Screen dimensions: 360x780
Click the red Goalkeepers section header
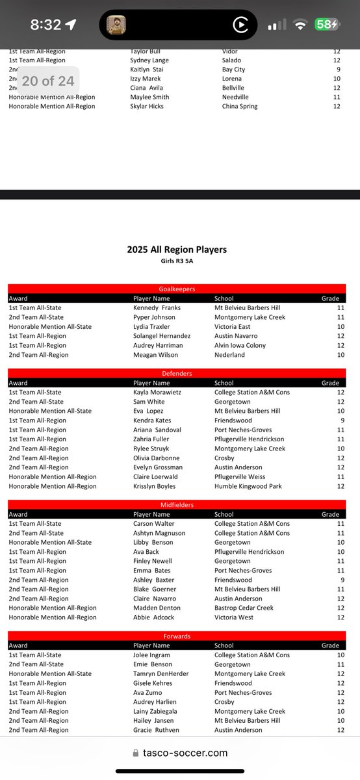coord(177,289)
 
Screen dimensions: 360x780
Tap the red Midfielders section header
coord(177,505)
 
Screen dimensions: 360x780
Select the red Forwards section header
coord(177,636)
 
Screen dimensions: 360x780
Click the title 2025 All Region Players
coord(177,250)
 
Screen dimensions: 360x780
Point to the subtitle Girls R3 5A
coord(177,261)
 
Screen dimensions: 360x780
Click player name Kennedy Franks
coord(157,308)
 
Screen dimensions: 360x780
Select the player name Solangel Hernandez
coord(162,336)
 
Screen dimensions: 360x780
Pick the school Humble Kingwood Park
coord(248,486)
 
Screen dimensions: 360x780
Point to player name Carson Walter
coord(154,524)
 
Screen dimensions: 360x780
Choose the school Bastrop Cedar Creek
coord(244,608)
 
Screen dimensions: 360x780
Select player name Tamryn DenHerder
coord(161,674)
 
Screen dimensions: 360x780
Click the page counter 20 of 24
coord(47,81)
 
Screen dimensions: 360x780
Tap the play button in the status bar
coord(240,25)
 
